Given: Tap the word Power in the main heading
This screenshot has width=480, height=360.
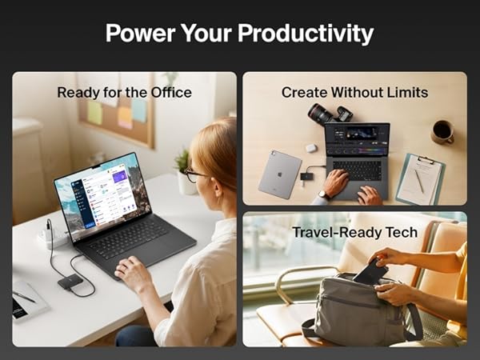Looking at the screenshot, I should coord(137,34).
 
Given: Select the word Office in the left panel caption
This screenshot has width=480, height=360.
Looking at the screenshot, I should coord(170,93).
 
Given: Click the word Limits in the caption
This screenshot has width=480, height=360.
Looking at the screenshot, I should coord(405,93).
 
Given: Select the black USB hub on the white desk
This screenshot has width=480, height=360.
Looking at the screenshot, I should coord(70,281).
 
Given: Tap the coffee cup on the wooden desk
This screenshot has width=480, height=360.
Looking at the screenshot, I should coord(442,131).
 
